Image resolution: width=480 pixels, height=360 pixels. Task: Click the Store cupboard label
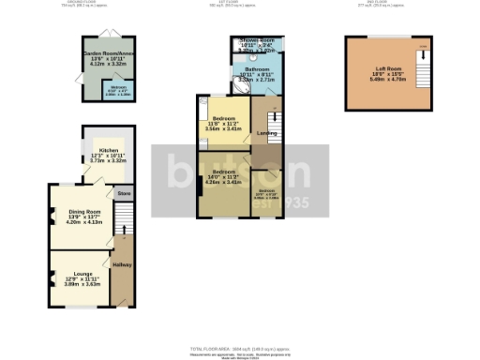(x=122, y=193)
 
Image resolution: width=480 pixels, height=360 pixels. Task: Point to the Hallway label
(x=122, y=265)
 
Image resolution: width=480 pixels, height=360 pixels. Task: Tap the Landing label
(x=265, y=133)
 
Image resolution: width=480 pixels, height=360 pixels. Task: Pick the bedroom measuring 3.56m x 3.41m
(x=223, y=123)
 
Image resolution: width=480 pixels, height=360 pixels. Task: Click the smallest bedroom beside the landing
(x=266, y=193)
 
